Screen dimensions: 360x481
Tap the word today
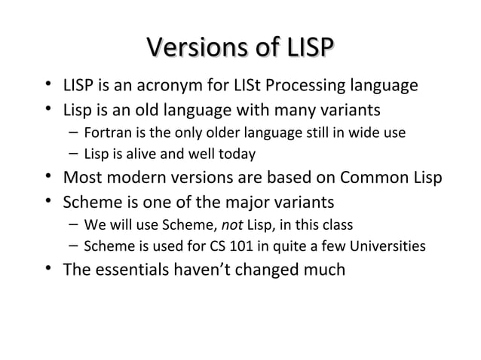click(238, 154)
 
